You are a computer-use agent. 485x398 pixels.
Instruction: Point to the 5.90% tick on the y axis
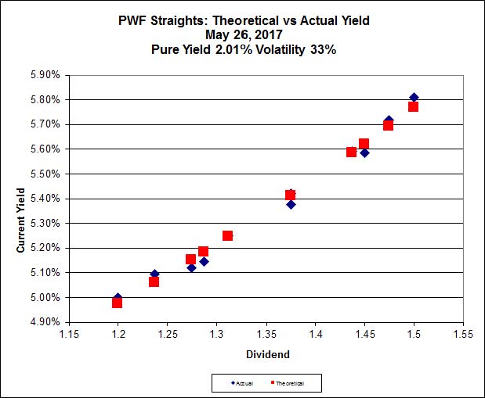click(x=45, y=75)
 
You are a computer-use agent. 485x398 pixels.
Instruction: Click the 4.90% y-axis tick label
click(x=45, y=322)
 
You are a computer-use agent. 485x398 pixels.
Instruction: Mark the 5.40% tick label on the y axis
click(x=45, y=199)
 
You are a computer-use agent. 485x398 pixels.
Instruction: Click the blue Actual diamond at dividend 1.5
click(x=414, y=97)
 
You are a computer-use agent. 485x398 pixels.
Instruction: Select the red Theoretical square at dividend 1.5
click(x=413, y=106)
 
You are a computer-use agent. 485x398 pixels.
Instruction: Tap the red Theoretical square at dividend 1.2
click(x=117, y=303)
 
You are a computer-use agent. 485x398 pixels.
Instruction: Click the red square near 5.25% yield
click(x=227, y=235)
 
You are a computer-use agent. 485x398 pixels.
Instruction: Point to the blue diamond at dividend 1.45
click(x=364, y=152)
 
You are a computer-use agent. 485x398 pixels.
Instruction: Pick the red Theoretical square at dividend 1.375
click(x=291, y=195)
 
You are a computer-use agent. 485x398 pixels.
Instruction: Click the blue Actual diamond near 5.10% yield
click(x=154, y=274)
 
